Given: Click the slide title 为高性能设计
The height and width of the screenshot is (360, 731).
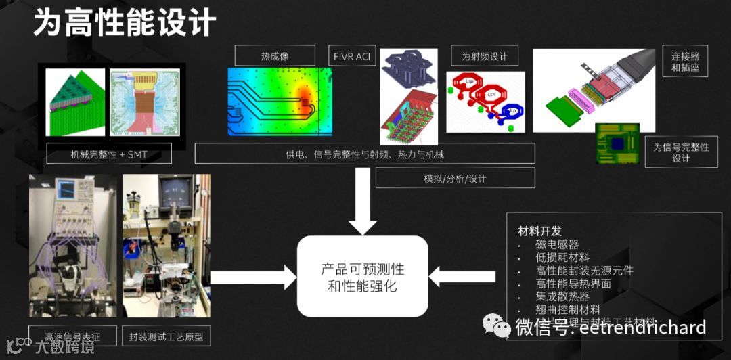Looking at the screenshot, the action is click(125, 23).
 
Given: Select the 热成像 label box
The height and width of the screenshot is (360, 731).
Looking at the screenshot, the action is click(275, 56).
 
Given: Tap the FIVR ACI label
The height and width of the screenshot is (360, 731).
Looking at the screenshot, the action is click(352, 56).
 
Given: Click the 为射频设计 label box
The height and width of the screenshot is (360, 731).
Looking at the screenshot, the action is click(484, 56).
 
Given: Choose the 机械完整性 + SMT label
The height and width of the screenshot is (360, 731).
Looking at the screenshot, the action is click(109, 154).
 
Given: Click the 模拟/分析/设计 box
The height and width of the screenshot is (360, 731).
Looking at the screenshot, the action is click(455, 179).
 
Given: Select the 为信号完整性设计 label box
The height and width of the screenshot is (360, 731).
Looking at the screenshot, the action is click(680, 152).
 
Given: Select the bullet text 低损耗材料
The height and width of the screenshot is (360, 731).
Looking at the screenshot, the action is click(562, 257).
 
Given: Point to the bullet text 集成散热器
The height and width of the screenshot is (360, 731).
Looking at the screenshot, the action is click(562, 296).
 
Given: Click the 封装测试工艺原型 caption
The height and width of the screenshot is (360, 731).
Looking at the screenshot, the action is click(166, 336).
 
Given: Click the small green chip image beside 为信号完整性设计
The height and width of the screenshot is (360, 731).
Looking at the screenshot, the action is click(617, 144).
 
